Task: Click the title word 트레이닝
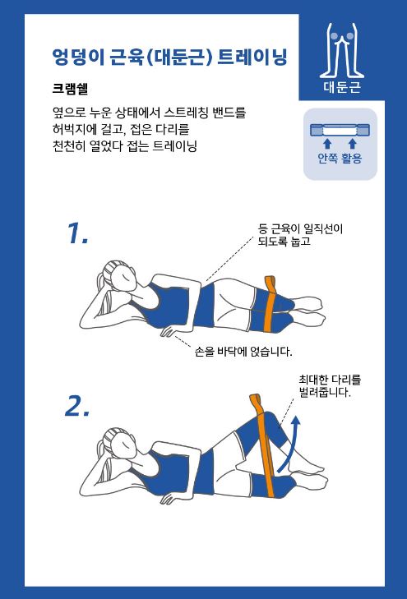pyautogui.click(x=252, y=58)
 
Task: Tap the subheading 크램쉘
pyautogui.click(x=70, y=89)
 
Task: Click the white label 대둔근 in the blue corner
pyautogui.click(x=342, y=86)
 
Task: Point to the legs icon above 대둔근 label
pyautogui.click(x=342, y=50)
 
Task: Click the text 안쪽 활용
pyautogui.click(x=340, y=158)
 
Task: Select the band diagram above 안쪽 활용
pyautogui.click(x=340, y=131)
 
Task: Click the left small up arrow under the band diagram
pyautogui.click(x=327, y=144)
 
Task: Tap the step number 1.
pyautogui.click(x=77, y=233)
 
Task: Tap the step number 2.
pyautogui.click(x=77, y=406)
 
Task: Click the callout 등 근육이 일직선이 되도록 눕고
pyautogui.click(x=300, y=235)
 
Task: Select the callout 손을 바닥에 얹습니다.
pyautogui.click(x=243, y=351)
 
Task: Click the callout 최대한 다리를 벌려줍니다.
pyautogui.click(x=330, y=386)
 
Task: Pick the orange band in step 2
pyautogui.click(x=264, y=446)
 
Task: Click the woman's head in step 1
pyautogui.click(x=119, y=275)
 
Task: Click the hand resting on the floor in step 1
pyautogui.click(x=171, y=332)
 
